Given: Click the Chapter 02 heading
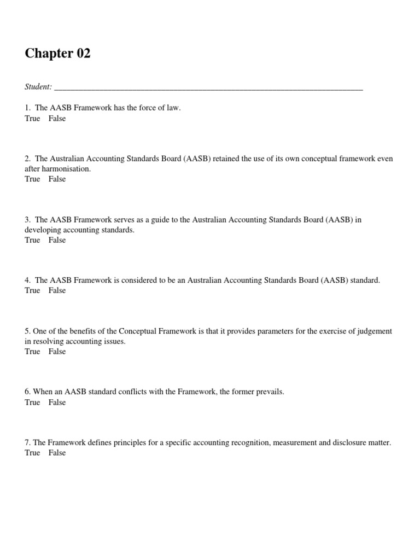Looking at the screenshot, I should (x=57, y=54).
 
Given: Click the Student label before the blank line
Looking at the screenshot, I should (x=38, y=87).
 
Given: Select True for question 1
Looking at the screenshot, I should (x=32, y=119).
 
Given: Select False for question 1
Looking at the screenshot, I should (x=57, y=119).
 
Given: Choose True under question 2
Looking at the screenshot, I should (x=32, y=179).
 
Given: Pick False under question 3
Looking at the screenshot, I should (x=57, y=240).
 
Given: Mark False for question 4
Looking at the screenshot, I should (x=57, y=290).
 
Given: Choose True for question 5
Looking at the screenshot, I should (x=32, y=352).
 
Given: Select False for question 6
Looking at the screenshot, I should (x=57, y=402).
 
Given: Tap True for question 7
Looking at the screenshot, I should (x=32, y=453).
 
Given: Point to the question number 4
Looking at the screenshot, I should (x=27, y=281).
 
